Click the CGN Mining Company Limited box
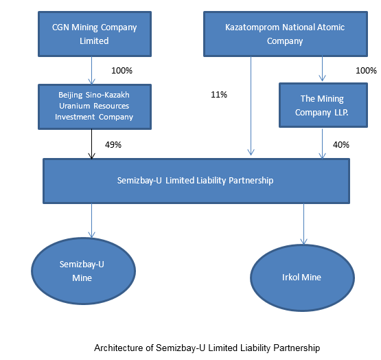95,34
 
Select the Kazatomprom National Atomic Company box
286,34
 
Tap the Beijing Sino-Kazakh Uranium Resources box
95,106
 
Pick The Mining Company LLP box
323,105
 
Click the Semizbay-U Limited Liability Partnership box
196,181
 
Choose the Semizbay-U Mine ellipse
83,271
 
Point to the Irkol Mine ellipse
302,278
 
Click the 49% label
113,145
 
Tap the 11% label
219,94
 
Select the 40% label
341,145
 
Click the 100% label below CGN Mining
122,71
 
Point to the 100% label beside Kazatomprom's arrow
366,71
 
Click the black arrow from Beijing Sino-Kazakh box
91,144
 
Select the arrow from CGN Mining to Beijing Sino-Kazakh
91,71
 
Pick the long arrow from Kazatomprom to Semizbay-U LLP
251,106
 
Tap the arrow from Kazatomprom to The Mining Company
322,69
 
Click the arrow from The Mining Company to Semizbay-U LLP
322,144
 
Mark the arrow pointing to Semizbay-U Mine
91,221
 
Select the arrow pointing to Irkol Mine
303,224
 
